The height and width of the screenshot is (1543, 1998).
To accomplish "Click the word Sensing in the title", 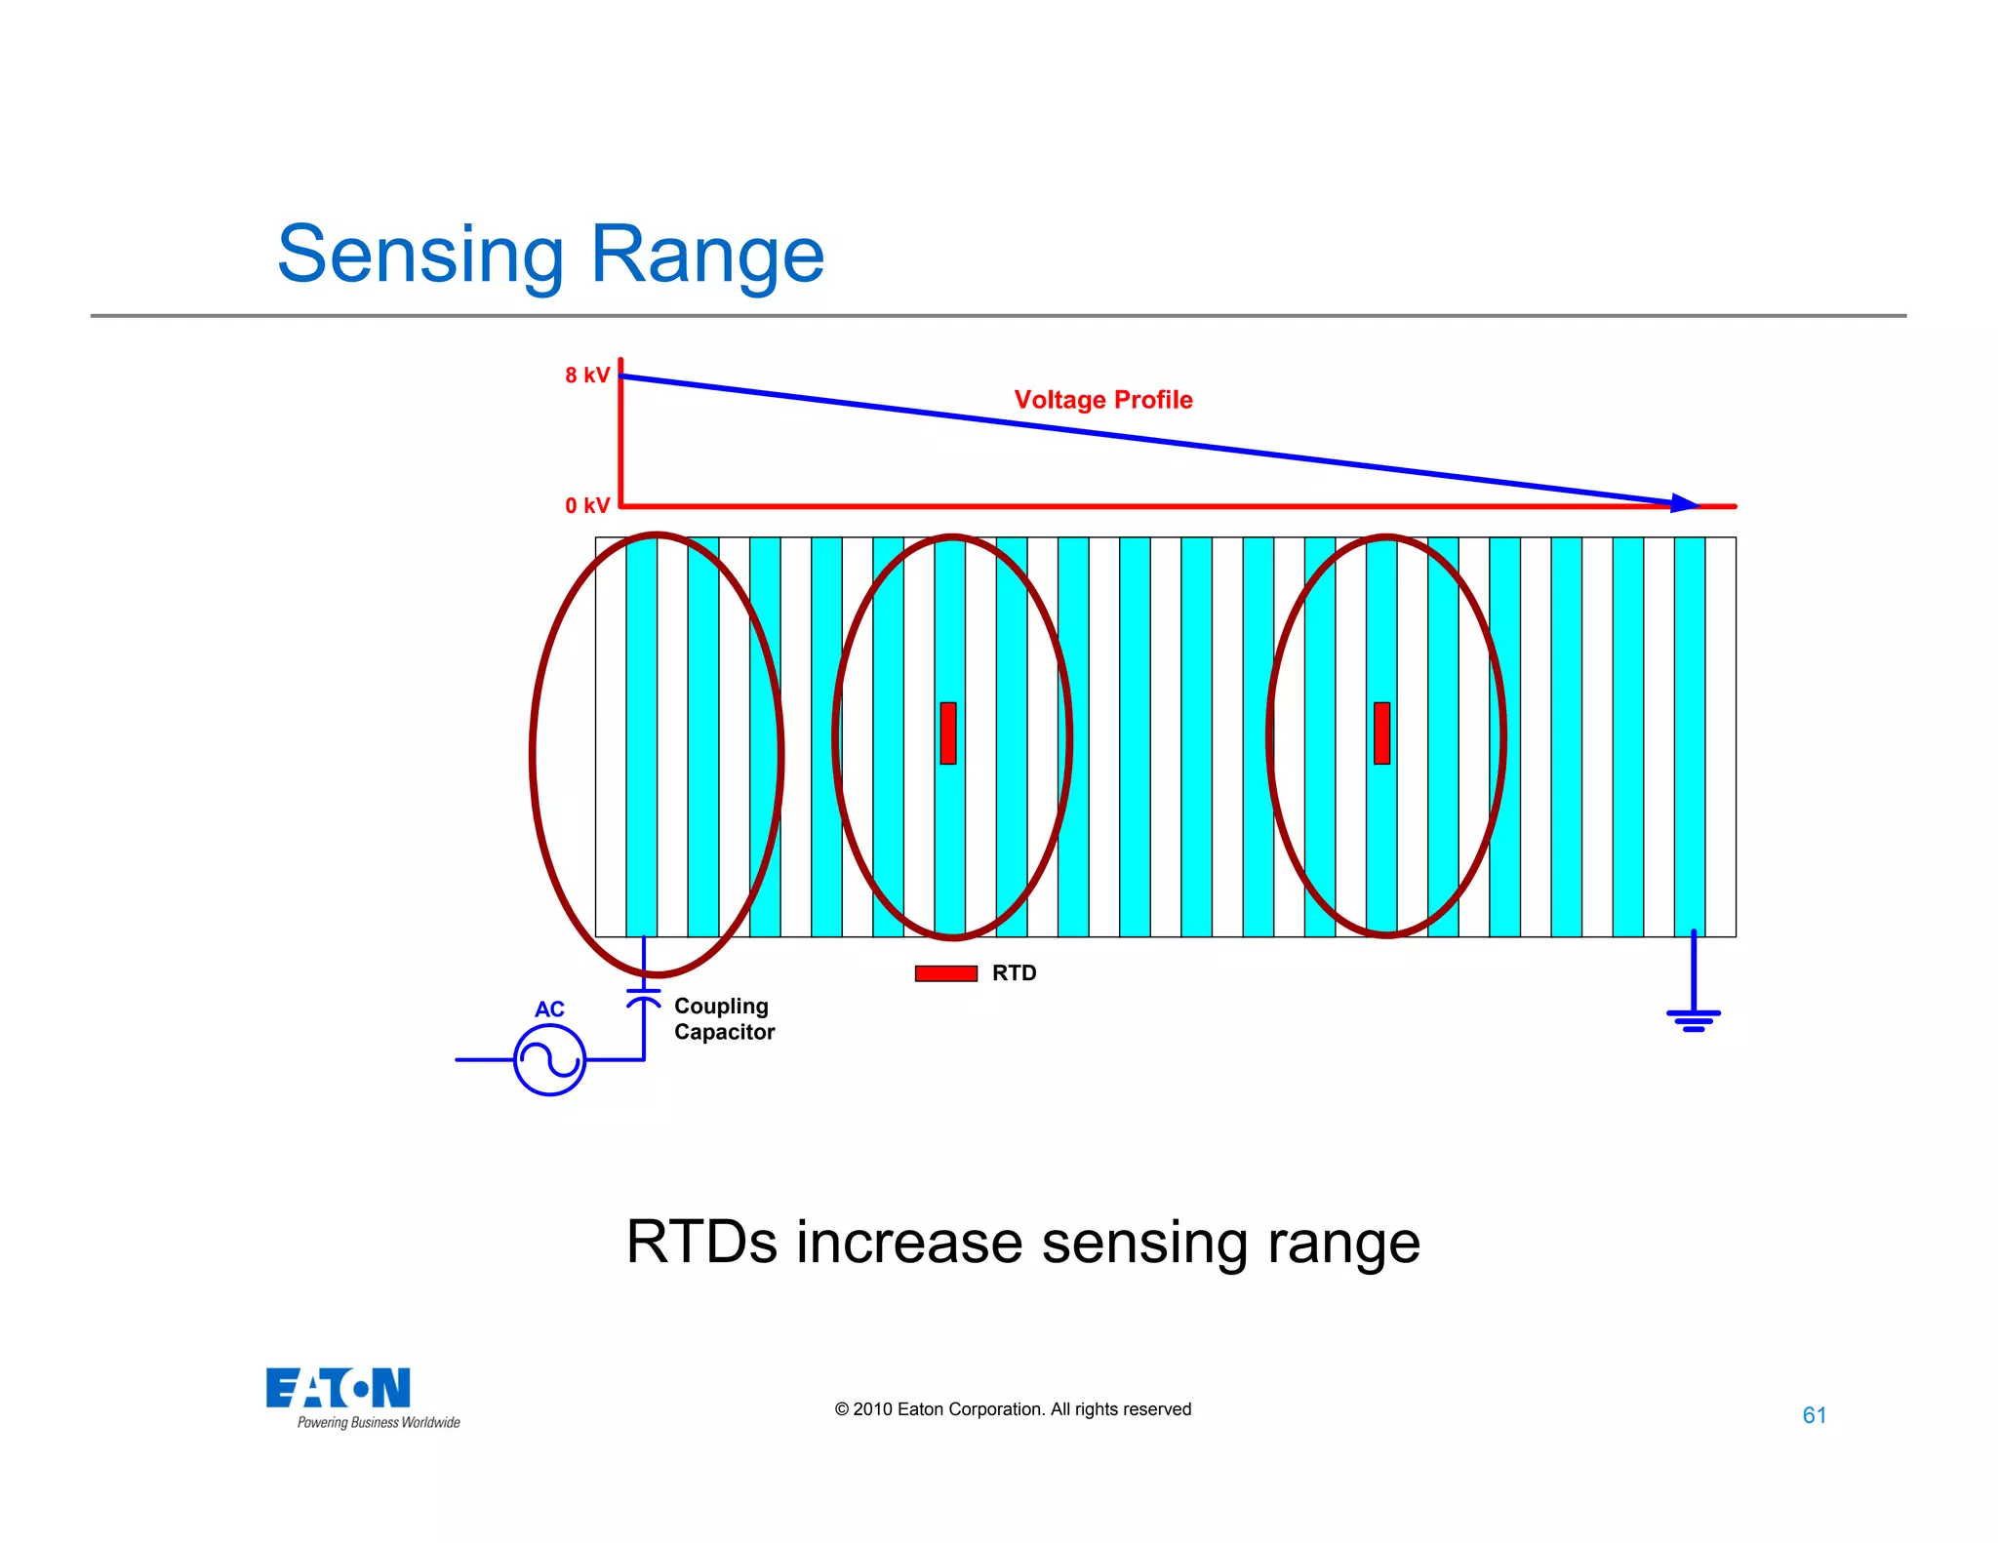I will click(420, 256).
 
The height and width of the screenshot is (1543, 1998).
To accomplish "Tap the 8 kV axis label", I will click(586, 376).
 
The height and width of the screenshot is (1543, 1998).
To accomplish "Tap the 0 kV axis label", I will click(586, 505).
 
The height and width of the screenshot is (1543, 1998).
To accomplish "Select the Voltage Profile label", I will click(1102, 400).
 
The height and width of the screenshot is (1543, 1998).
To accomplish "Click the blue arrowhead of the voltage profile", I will click(1684, 502).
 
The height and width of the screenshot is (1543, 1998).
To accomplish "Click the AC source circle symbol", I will click(549, 1059).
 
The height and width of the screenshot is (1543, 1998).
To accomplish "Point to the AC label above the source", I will click(549, 1009).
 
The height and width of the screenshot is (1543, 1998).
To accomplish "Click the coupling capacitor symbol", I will click(643, 996).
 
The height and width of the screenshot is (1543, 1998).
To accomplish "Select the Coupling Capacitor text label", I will click(724, 1019).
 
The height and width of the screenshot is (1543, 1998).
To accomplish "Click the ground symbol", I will click(1694, 1019).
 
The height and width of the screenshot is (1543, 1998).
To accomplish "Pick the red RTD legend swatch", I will click(945, 973).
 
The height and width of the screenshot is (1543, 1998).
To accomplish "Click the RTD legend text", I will click(1014, 973).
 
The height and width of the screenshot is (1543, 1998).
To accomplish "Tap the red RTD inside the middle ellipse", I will click(948, 732).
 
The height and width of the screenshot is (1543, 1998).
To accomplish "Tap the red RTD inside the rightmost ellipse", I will click(1381, 732).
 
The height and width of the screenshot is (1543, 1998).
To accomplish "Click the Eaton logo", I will click(338, 1388).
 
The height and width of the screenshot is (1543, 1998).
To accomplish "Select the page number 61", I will click(1814, 1415).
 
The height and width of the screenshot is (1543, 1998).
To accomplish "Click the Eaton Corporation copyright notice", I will click(1013, 1409).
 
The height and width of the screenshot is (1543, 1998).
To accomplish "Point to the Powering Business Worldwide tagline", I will click(379, 1423).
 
